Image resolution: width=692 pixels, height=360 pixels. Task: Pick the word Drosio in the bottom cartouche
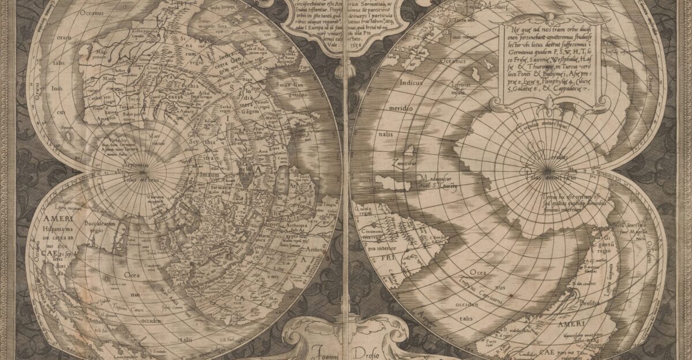[x=374, y=350]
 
